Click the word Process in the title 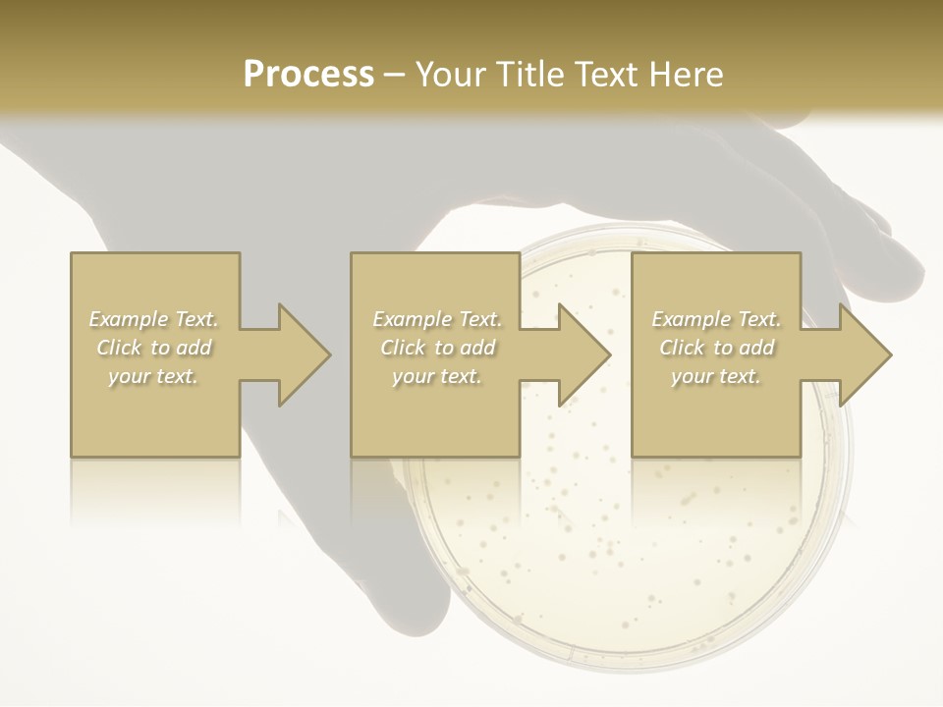click(x=308, y=75)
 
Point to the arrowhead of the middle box click(x=583, y=354)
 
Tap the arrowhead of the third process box click(x=864, y=354)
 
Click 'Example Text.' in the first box click(x=153, y=319)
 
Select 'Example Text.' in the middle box click(x=436, y=319)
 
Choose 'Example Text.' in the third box click(x=716, y=319)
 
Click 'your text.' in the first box click(x=153, y=376)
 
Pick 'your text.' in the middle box click(x=436, y=376)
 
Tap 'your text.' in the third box click(x=716, y=376)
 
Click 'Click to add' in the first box click(x=153, y=348)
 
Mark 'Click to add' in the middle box click(x=436, y=348)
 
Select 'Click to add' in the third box click(x=716, y=348)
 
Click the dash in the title click(x=395, y=75)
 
